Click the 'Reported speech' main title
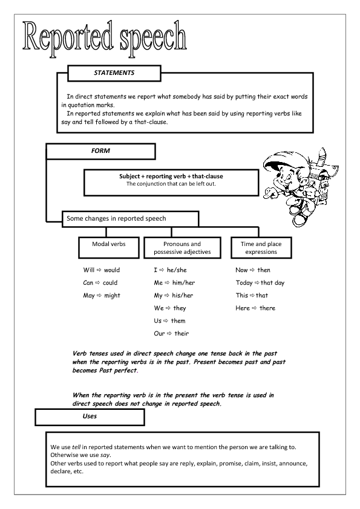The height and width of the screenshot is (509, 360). (x=104, y=36)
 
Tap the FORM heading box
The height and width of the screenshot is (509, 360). (x=100, y=151)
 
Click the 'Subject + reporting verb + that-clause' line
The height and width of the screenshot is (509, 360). (x=171, y=177)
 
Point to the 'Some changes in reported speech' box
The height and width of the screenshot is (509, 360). (x=130, y=218)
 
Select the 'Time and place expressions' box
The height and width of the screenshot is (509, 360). (x=261, y=248)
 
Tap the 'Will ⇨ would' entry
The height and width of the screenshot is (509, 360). (x=102, y=270)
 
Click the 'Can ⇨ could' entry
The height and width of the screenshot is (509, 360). (x=100, y=283)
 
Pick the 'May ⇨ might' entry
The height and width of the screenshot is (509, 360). (x=102, y=296)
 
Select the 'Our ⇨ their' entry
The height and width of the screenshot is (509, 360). (x=171, y=334)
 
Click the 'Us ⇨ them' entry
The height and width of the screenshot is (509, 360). (x=169, y=321)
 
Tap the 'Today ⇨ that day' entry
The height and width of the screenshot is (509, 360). (x=260, y=283)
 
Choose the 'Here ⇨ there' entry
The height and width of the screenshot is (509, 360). (x=255, y=308)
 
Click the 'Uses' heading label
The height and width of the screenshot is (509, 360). (x=90, y=417)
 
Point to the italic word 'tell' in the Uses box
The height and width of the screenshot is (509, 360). (x=76, y=447)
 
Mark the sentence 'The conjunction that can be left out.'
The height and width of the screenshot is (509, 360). (x=171, y=184)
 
